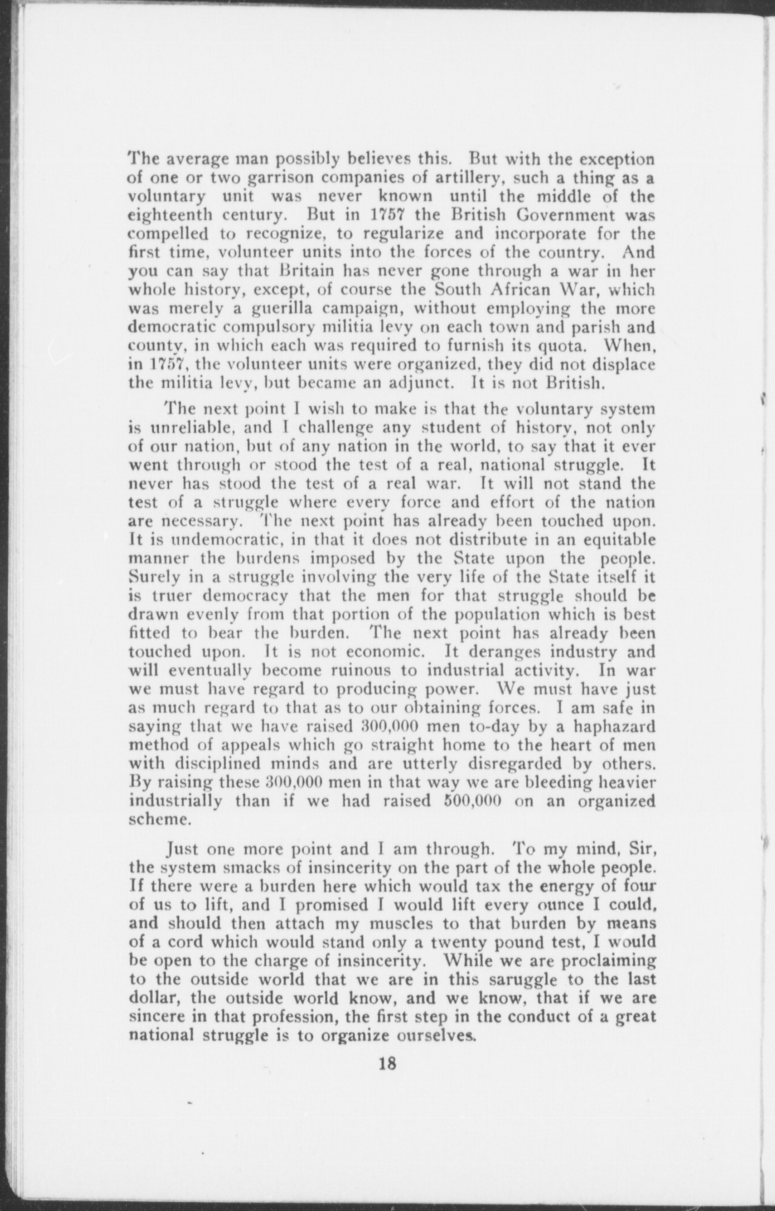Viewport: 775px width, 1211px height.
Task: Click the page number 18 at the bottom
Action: [x=387, y=1064]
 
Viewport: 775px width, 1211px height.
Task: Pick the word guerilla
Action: [x=255, y=310]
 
